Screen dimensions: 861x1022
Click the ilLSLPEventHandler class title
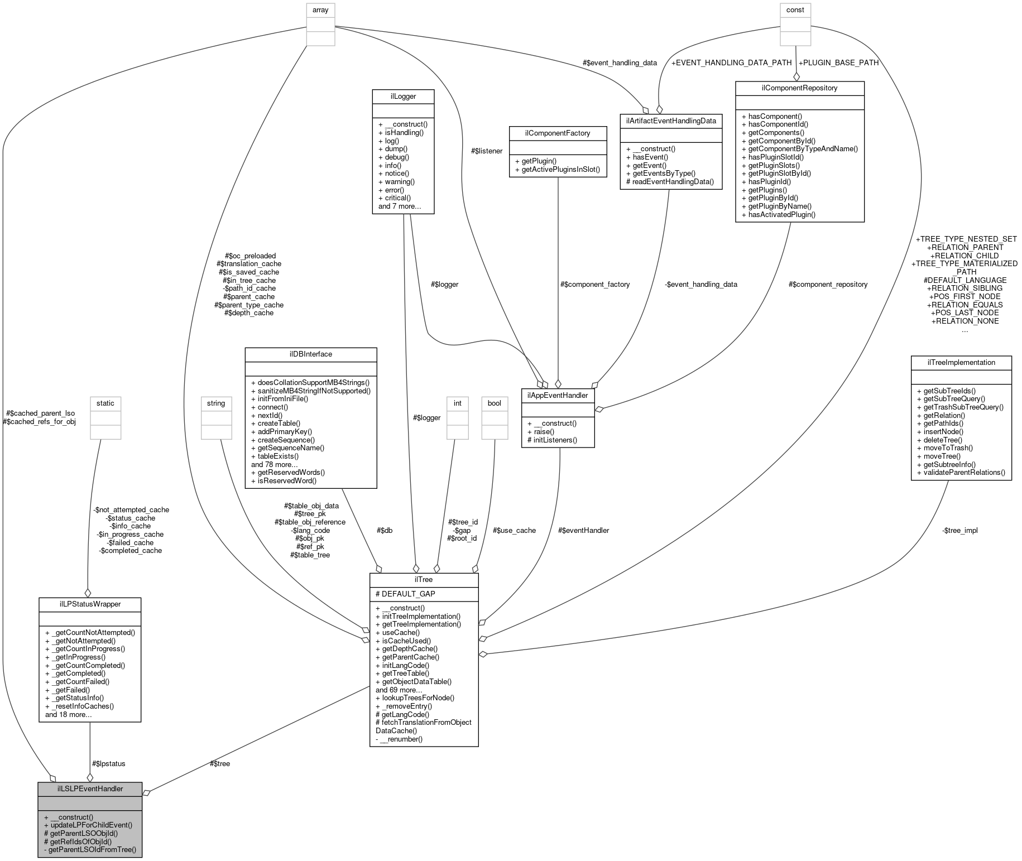point(90,788)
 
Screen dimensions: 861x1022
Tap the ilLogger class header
point(403,96)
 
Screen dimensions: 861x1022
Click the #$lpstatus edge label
point(108,763)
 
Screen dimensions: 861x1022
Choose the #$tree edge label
point(219,763)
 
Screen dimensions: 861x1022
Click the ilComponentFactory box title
point(558,133)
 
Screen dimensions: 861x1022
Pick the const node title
point(795,9)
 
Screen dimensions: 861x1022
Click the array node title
point(320,9)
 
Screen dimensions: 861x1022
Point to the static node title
point(105,403)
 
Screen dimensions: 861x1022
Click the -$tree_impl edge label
point(960,530)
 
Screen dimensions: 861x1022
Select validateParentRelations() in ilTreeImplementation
point(961,472)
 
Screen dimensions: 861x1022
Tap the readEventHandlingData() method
point(670,181)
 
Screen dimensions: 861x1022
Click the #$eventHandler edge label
point(583,530)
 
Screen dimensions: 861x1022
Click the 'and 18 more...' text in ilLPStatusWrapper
point(68,714)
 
